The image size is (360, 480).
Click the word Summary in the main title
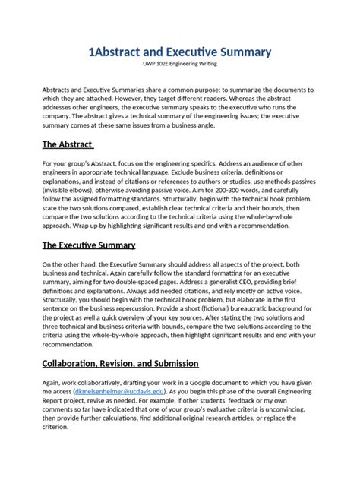[x=235, y=52]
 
